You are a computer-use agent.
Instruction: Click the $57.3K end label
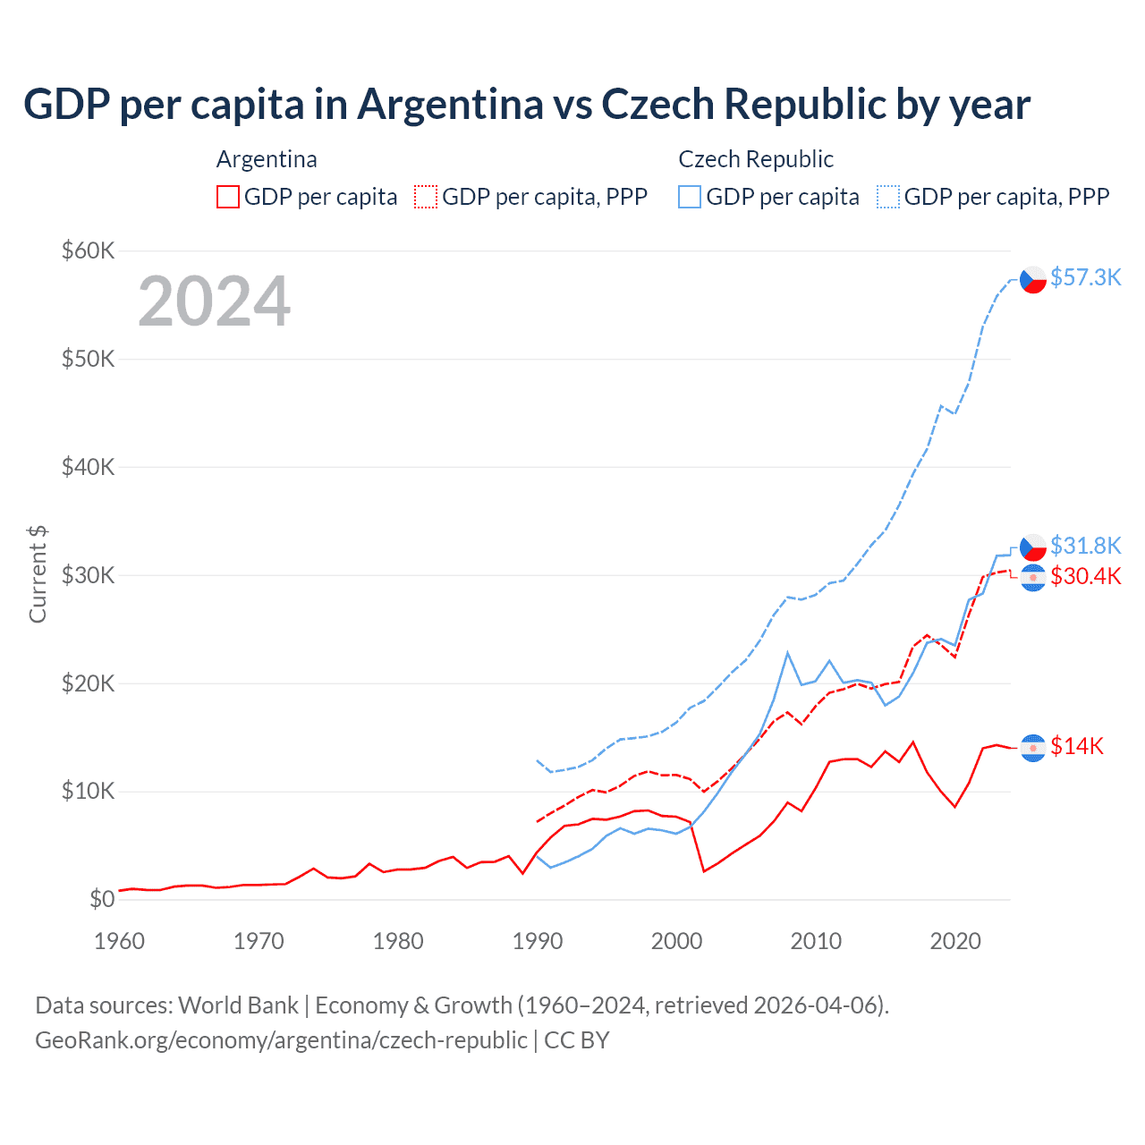point(1085,278)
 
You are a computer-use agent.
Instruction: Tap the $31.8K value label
point(1085,546)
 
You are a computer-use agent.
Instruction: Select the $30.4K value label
point(1085,576)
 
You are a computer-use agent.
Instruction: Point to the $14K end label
point(1077,746)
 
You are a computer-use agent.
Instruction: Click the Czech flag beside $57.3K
point(1033,280)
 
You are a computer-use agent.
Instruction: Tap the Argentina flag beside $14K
point(1033,747)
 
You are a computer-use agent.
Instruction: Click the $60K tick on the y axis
point(89,250)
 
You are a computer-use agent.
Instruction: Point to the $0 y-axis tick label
point(102,899)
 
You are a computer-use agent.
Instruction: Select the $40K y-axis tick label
point(89,467)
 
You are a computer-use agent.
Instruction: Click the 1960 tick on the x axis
point(119,941)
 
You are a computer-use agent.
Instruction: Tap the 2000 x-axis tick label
point(677,941)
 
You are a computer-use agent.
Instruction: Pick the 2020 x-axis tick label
point(955,941)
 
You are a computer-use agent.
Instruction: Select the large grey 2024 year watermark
point(215,301)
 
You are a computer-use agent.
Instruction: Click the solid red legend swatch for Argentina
point(228,197)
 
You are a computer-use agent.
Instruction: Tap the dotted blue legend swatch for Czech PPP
point(888,197)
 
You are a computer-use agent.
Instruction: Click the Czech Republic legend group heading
point(756,159)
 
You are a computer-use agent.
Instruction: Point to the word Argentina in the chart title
point(451,104)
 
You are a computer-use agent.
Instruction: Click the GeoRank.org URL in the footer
point(281,1040)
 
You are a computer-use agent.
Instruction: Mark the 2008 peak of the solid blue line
point(788,653)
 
